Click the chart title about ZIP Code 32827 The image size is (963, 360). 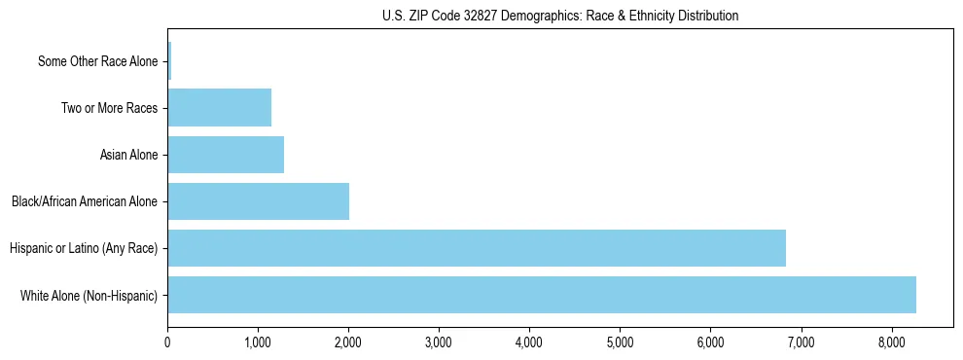[x=559, y=16]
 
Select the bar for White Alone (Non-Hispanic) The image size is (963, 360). [x=542, y=295]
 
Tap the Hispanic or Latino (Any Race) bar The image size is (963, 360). [x=477, y=248]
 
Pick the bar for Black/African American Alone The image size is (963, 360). [x=258, y=201]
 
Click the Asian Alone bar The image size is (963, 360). [x=226, y=155]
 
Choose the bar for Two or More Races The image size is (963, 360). [x=219, y=108]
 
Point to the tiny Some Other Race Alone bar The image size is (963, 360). [x=169, y=61]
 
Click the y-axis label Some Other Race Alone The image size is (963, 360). [x=97, y=61]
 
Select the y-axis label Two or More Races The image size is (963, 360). [x=109, y=108]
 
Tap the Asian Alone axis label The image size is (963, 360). [x=128, y=155]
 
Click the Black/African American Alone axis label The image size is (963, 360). [x=85, y=201]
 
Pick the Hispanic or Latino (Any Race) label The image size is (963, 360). [x=84, y=248]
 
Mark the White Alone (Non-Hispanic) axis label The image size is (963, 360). [x=89, y=295]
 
